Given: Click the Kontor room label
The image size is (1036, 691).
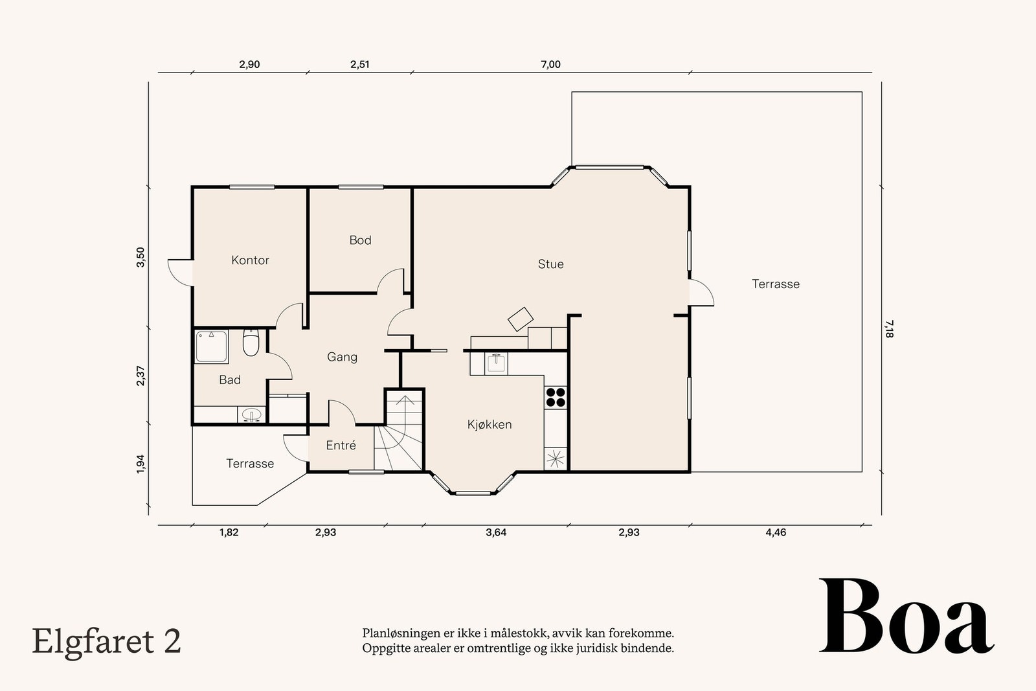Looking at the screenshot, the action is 250,260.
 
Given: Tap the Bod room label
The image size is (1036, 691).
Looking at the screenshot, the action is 360,240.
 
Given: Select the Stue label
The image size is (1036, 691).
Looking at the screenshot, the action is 550,264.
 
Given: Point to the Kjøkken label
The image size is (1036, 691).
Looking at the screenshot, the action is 490,425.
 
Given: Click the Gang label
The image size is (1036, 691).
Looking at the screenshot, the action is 343,357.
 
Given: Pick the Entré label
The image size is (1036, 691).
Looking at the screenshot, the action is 341,446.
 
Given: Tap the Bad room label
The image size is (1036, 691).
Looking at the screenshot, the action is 230,379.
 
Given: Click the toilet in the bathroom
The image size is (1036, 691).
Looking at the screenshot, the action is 251,343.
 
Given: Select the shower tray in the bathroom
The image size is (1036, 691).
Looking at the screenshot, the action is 211,346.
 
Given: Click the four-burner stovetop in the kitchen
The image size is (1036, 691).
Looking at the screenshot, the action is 556,397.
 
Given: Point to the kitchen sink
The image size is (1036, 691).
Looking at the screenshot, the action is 496,363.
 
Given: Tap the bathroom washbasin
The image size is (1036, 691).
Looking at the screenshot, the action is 252,414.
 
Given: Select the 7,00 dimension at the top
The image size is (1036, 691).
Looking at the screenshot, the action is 550,64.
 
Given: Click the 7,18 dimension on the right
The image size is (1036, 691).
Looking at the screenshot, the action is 890,329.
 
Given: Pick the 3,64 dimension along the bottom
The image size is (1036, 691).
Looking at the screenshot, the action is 496,532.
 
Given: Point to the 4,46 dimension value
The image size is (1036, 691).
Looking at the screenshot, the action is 776,532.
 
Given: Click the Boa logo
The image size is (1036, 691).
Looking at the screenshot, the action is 906,616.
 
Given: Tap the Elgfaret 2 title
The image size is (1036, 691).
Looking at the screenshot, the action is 106,642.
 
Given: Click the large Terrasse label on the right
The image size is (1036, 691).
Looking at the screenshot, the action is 776,284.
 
